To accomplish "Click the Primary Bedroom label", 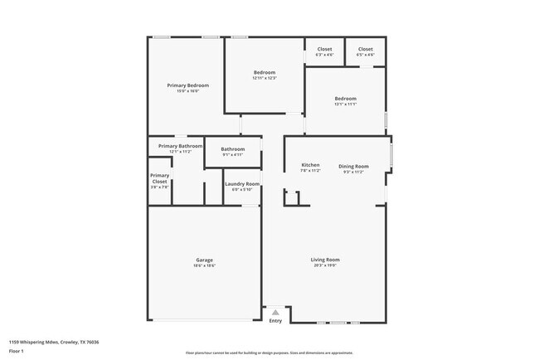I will (187, 85).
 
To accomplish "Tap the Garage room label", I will (204, 260).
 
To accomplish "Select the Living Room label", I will (326, 260).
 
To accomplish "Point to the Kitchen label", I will (310, 165).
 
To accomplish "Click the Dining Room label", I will (353, 166).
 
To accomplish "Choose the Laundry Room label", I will (242, 183).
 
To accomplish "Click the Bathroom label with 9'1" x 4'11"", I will (232, 149).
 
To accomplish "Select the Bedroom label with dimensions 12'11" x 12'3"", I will (265, 72).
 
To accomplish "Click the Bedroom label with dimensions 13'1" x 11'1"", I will (345, 99).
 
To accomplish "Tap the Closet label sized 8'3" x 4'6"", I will (324, 49).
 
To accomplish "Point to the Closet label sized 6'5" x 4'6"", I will (365, 49).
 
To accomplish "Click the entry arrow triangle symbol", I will (275, 312).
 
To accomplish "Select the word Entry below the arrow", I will (275, 321).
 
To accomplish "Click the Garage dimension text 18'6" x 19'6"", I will (204, 265).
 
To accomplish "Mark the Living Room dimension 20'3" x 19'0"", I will (326, 265).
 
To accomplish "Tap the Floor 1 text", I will (17, 350).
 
